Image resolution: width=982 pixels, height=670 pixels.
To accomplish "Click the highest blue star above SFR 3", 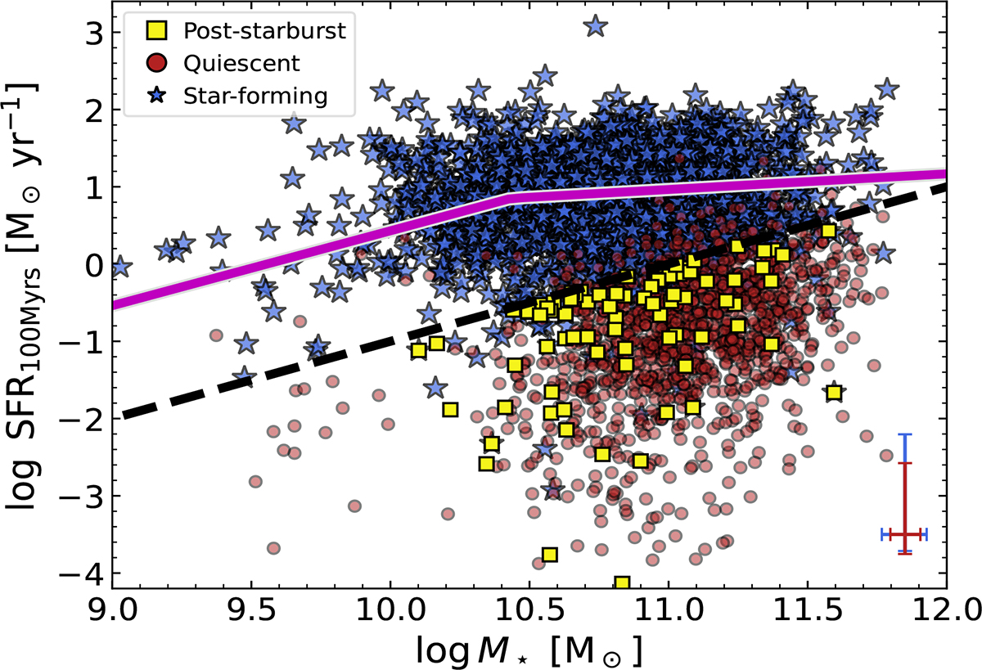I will click(596, 26).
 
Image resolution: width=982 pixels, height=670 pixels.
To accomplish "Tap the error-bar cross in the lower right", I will click(904, 533).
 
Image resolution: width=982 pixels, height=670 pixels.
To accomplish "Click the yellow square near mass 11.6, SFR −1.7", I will click(834, 393).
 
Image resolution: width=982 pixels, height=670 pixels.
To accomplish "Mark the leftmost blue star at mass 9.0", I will click(120, 267).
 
